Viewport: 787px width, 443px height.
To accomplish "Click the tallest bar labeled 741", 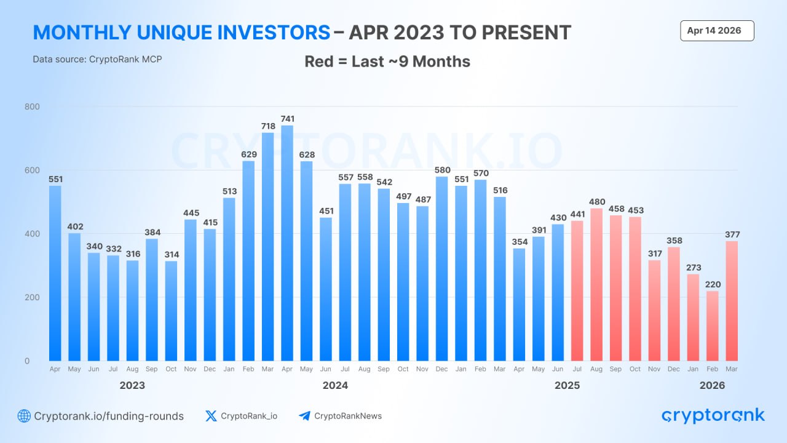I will pyautogui.click(x=287, y=243).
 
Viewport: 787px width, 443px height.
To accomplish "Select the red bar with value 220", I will pyautogui.click(x=713, y=325).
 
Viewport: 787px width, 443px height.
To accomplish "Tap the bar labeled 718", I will pyautogui.click(x=268, y=246).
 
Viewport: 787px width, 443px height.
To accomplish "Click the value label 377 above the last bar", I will pyautogui.click(x=732, y=234).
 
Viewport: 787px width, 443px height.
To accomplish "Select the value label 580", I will pyautogui.click(x=442, y=170).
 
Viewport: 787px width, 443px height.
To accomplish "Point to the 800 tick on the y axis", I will pyautogui.click(x=32, y=106).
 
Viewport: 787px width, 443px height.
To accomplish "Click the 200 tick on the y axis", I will pyautogui.click(x=32, y=297).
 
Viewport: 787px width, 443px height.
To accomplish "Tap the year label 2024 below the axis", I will pyautogui.click(x=335, y=385).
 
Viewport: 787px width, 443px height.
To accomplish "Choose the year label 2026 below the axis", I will pyautogui.click(x=712, y=385).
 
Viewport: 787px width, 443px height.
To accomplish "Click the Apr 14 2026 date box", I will pyautogui.click(x=717, y=31).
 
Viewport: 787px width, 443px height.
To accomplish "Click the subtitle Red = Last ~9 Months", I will pyautogui.click(x=387, y=62).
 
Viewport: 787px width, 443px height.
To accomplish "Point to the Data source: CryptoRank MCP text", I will pyautogui.click(x=97, y=59).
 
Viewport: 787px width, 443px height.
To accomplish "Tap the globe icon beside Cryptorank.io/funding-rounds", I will pyautogui.click(x=24, y=416).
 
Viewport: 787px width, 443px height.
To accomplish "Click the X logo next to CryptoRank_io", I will pyautogui.click(x=211, y=416).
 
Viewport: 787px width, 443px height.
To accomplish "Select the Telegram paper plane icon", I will pyautogui.click(x=304, y=416).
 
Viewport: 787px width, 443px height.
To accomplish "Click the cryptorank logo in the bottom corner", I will pyautogui.click(x=713, y=416).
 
